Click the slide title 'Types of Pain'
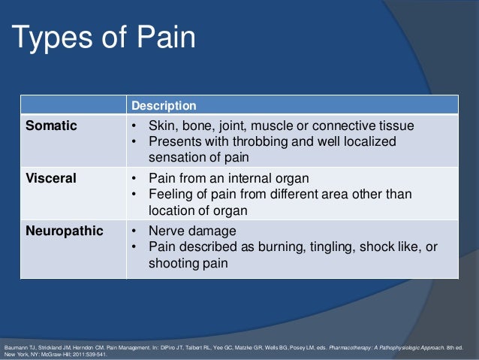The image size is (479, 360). [x=103, y=38]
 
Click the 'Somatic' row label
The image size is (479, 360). [x=52, y=125]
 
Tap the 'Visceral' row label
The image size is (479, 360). [x=52, y=179]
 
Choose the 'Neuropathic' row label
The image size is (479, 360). [x=65, y=231]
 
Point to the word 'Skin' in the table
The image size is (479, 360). [x=161, y=125]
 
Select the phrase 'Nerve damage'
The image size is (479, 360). [x=192, y=231]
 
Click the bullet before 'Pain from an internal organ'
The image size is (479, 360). [x=133, y=179]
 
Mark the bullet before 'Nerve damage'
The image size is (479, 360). [x=133, y=231]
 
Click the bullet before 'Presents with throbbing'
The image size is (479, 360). [x=133, y=141]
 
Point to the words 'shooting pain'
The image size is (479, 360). [x=186, y=264]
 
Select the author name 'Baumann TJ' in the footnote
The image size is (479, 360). [x=19, y=348]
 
